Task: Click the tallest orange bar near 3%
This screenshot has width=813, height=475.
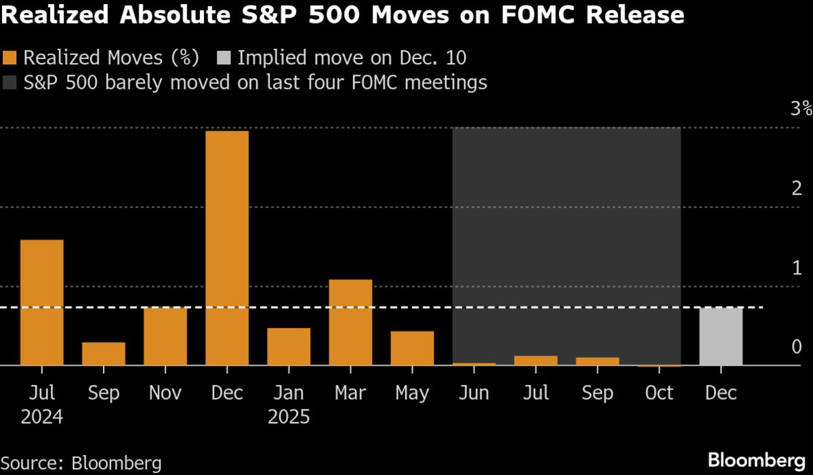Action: [227, 247]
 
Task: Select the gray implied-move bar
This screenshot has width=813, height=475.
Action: [721, 337]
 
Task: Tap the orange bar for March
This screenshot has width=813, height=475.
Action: [350, 323]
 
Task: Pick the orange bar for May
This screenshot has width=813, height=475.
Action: [412, 348]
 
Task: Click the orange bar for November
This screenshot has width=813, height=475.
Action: [165, 337]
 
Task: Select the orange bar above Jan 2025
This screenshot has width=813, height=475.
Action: [289, 347]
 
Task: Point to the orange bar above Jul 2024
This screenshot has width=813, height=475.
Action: [42, 302]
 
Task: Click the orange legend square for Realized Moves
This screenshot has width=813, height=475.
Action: [10, 58]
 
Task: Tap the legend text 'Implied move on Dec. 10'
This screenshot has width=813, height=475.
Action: [352, 58]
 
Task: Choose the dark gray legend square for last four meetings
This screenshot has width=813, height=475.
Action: [10, 83]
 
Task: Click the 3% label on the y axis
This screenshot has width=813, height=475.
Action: [800, 108]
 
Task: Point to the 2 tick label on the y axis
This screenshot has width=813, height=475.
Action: [796, 188]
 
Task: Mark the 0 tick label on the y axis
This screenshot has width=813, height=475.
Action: [796, 347]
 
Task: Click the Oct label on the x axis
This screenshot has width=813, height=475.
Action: [659, 393]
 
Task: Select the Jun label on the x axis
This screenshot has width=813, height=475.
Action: [474, 393]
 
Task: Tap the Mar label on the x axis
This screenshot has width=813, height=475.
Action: [350, 393]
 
